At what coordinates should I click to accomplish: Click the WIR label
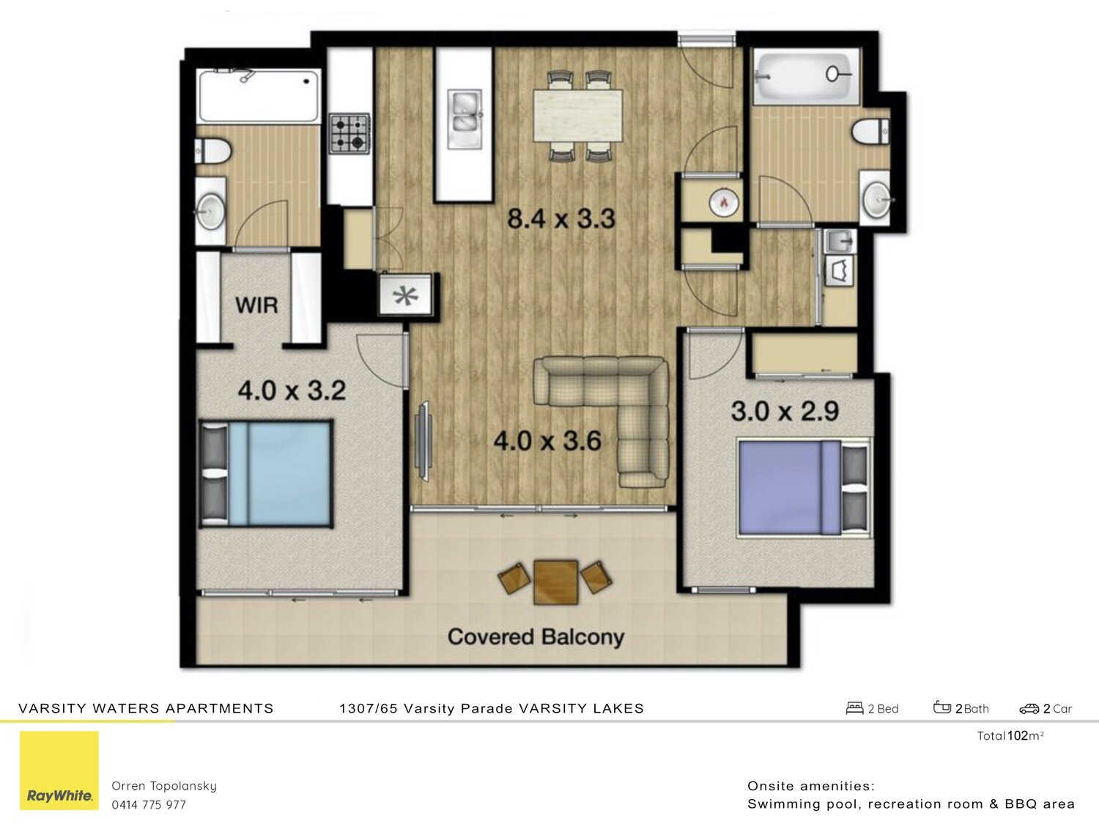click(256, 305)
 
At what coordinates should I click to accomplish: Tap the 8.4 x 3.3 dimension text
click(561, 218)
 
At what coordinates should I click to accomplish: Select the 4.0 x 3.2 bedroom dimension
click(292, 390)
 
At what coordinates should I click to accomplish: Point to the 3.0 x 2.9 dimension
click(785, 411)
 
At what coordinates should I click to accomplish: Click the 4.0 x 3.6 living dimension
click(547, 441)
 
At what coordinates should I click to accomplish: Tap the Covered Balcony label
click(536, 636)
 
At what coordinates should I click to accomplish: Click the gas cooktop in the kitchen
click(348, 133)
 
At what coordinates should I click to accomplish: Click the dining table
click(579, 115)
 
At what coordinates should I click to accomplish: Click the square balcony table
click(555, 582)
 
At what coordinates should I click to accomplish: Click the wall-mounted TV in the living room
click(423, 441)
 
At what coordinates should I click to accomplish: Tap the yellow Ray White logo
click(59, 771)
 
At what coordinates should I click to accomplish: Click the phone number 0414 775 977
click(149, 804)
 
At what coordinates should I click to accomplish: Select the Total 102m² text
click(1010, 736)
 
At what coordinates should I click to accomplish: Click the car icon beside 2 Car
click(1029, 708)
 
